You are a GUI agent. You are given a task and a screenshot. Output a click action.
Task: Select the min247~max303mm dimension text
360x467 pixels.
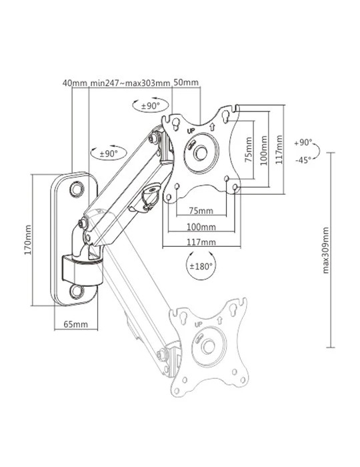[130, 83]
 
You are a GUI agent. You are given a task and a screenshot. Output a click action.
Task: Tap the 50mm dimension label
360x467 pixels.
[186, 82]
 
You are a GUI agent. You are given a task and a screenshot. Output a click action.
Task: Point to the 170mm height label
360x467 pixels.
[28, 240]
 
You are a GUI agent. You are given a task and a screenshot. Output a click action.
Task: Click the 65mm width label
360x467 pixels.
[76, 324]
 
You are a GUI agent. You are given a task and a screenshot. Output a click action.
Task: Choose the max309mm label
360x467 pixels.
[326, 250]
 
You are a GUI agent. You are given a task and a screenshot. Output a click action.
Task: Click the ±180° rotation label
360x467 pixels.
[201, 266]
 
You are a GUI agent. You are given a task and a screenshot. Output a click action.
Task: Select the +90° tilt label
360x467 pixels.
[303, 143]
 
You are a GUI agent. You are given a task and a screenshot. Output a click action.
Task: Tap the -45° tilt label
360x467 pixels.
[303, 160]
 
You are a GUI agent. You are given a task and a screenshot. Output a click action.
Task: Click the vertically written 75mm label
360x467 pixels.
[249, 149]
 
